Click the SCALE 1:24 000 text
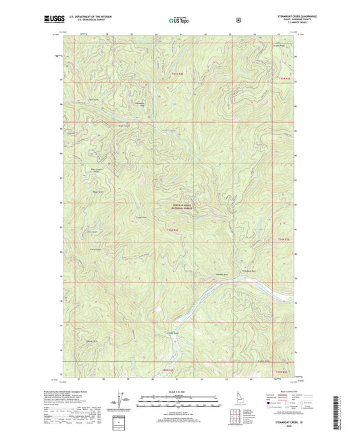point(180,392)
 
